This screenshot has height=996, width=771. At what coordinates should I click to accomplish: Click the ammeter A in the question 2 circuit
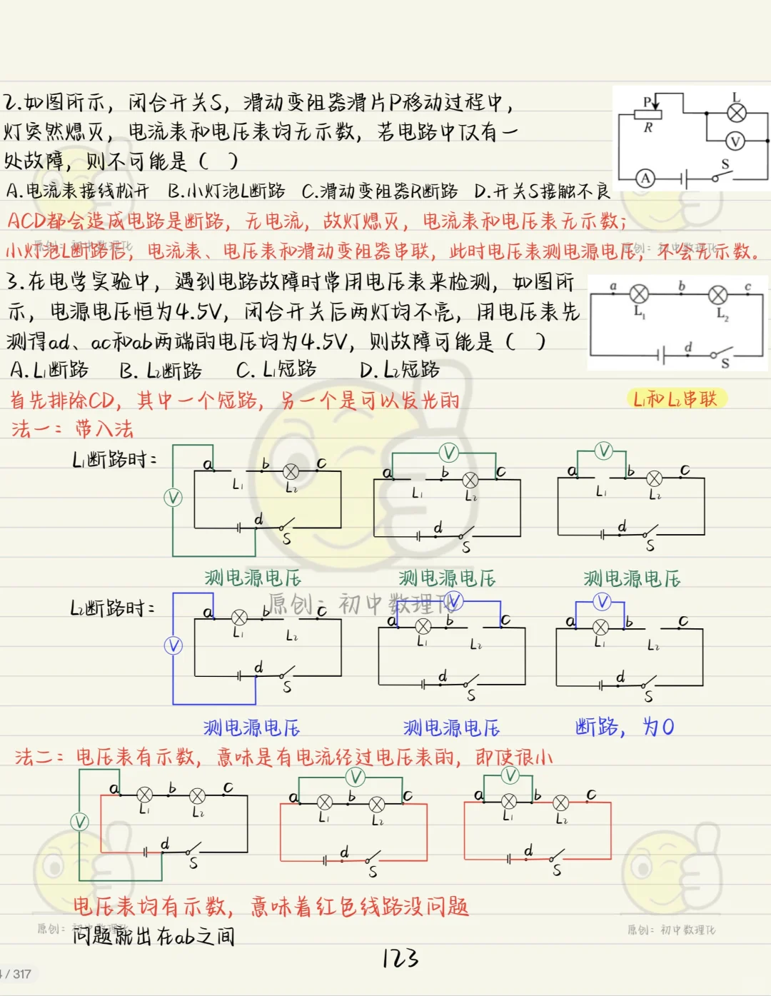pos(645,178)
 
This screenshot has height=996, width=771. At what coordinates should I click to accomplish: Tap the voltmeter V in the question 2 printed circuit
pos(735,141)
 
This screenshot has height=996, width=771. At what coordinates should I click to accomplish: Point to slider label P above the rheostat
pos(647,101)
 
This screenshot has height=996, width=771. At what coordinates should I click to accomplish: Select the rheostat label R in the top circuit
pos(647,128)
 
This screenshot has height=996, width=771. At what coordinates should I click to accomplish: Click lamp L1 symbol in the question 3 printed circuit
pos(639,294)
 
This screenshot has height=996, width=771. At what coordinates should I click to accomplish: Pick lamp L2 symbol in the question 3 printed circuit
pos(718,295)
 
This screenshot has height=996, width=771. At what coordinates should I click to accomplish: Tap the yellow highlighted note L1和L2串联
pos(675,398)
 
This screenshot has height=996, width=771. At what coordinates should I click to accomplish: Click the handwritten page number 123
pos(400,958)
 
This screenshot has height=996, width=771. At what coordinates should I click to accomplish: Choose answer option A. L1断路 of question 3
pos(49,370)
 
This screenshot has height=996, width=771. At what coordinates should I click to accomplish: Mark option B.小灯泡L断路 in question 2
pos(226,191)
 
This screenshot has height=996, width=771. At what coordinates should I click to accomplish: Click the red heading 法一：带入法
pos(72,428)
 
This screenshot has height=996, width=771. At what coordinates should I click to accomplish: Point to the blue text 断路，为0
pos(625,727)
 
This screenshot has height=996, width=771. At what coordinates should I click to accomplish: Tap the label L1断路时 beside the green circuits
pos(114,460)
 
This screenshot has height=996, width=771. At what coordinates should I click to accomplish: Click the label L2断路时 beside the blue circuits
pos(113,608)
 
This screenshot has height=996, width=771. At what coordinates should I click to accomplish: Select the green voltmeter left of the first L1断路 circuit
pos(173,498)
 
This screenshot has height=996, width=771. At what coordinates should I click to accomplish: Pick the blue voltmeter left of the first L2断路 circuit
pos(173,645)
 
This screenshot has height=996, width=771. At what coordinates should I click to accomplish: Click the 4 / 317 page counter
pos(17,974)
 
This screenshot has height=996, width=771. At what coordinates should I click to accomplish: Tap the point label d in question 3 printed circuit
pos(688,347)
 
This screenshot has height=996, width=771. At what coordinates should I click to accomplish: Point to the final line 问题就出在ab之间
pos(153,936)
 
